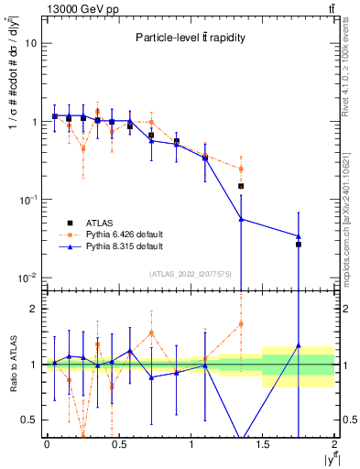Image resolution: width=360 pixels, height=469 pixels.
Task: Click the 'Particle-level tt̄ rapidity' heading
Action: (x=188, y=38)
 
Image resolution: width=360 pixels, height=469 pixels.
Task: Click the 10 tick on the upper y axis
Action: (x=30, y=43)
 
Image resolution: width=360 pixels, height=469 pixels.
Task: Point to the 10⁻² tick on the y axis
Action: (x=27, y=278)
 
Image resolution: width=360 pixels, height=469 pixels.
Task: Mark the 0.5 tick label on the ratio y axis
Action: (x=29, y=420)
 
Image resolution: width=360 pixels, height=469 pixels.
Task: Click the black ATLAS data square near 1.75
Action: (x=299, y=245)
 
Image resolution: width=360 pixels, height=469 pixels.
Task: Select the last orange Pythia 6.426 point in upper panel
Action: (x=241, y=169)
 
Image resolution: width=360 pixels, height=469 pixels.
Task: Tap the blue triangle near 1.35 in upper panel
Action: (x=241, y=219)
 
